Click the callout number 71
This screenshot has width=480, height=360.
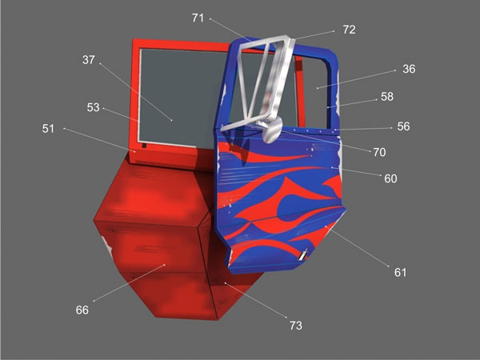pyautogui.click(x=198, y=17)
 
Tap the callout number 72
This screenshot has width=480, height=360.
pyautogui.click(x=348, y=30)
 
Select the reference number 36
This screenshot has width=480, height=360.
pyautogui.click(x=409, y=70)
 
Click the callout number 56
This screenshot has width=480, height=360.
pyautogui.click(x=404, y=126)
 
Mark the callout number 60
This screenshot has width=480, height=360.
pyautogui.click(x=390, y=178)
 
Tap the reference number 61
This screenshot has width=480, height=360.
pyautogui.click(x=400, y=273)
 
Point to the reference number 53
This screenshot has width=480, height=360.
pyautogui.click(x=94, y=108)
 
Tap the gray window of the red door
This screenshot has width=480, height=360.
pyautogui.click(x=180, y=92)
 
